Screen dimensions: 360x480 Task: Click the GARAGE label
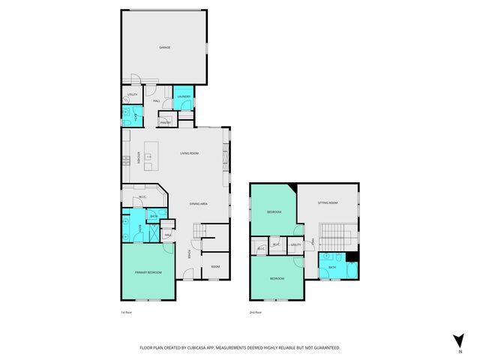(x=164, y=47)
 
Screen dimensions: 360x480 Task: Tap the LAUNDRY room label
(x=184, y=97)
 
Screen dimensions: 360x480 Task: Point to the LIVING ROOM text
(x=189, y=153)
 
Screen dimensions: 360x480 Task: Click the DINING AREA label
(x=198, y=204)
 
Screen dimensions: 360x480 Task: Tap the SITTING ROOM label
(x=328, y=202)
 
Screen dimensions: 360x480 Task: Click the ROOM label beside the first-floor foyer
(x=215, y=266)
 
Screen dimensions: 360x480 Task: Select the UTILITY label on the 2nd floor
(x=295, y=244)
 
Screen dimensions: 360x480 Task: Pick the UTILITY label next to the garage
(x=132, y=94)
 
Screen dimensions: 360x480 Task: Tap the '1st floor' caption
(x=126, y=312)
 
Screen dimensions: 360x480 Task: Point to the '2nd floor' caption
(x=255, y=312)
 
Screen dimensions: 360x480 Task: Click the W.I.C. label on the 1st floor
(x=142, y=198)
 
